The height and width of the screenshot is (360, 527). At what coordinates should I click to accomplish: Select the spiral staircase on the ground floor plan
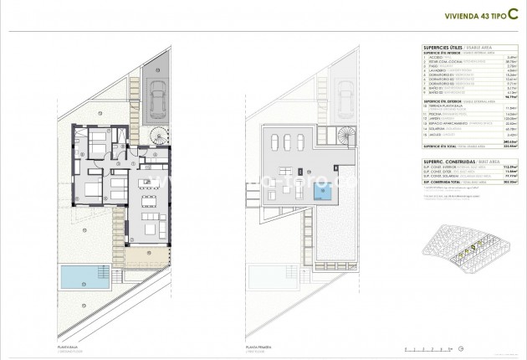156,134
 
